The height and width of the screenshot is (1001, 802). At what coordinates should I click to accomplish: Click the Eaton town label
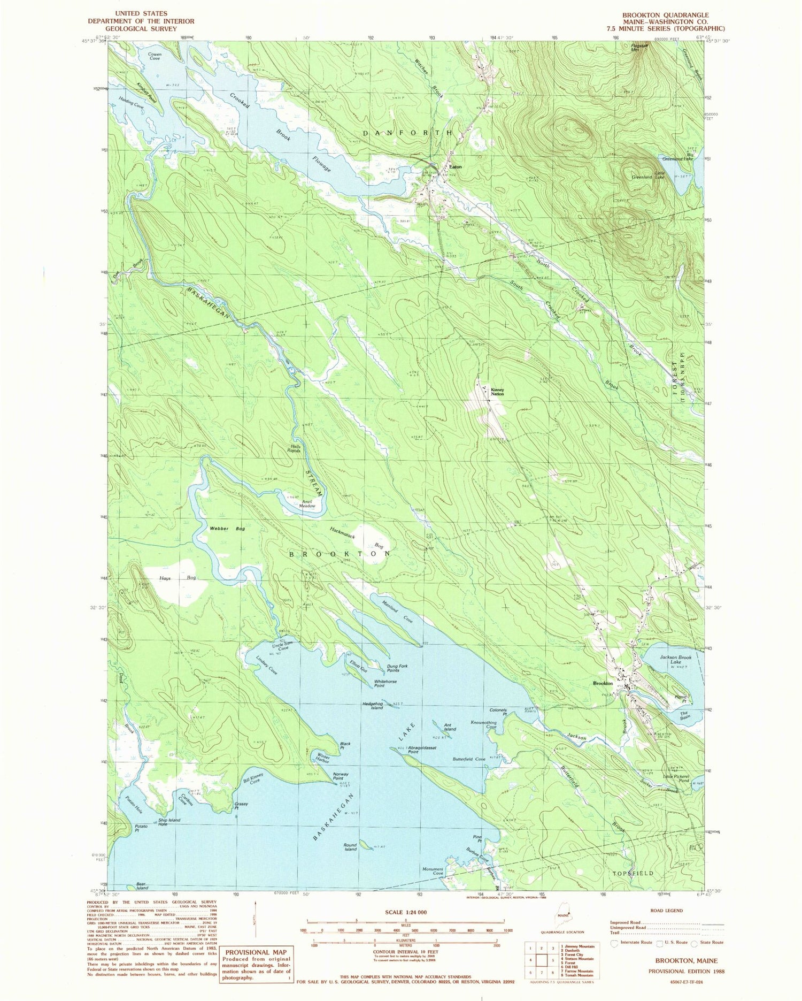click(x=455, y=166)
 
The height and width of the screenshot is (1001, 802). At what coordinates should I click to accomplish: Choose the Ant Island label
click(x=450, y=727)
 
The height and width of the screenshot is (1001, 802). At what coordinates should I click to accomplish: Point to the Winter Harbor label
click(x=322, y=758)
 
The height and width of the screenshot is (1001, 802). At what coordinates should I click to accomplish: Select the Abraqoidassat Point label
click(x=412, y=750)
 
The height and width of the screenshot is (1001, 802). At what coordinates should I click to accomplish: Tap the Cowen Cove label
click(x=155, y=56)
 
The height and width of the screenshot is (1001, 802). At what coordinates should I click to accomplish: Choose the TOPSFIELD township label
click(x=633, y=873)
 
